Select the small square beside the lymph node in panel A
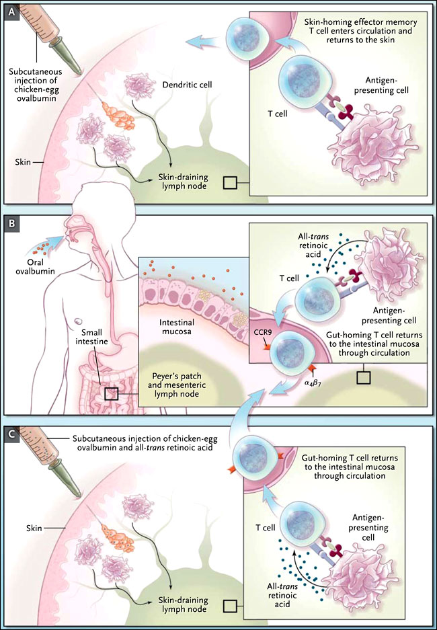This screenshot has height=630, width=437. tap(230, 182)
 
